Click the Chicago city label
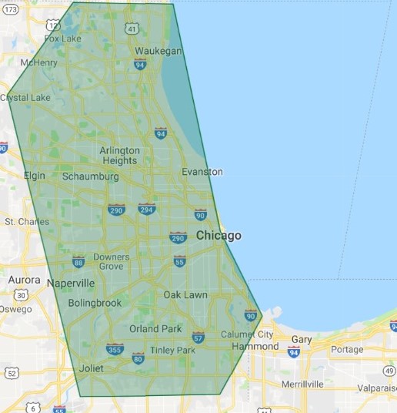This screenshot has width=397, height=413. pos(219,236)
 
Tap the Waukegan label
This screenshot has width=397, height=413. pos(158,51)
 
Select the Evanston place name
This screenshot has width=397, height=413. pos(202,172)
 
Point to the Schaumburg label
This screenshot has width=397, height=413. pos(90,176)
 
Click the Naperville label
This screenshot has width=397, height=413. pos(71,284)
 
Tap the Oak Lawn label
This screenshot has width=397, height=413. pos(185,295)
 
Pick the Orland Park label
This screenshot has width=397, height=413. pos(155,329)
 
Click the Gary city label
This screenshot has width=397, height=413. pos(302,339)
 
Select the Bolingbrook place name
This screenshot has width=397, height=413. pos(95,303)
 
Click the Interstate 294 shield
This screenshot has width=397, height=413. pos(146,209)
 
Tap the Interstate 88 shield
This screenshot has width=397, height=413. pos(78,262)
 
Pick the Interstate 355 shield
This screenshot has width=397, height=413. pos(115,349)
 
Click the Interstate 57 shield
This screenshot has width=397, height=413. pos(198,337)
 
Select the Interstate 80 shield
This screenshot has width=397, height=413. pos(138,358)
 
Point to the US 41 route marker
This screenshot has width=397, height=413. pos(132,29)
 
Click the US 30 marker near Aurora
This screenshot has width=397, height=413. pos(22,295)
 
